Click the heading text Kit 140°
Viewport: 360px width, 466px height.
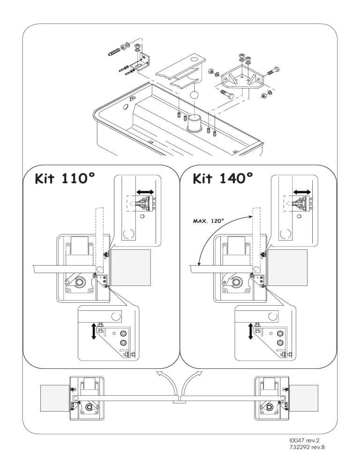pyautogui.click(x=223, y=179)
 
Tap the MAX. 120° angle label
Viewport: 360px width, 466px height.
pyautogui.click(x=209, y=221)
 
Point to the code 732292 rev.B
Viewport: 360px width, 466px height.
pyautogui.click(x=306, y=447)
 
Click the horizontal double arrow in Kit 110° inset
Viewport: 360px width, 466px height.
pyautogui.click(x=145, y=192)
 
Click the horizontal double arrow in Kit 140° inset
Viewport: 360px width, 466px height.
pyautogui.click(x=302, y=192)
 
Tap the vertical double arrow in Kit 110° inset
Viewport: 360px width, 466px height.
pyautogui.click(x=94, y=331)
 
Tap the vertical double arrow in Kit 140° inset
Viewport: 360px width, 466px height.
pyautogui.click(x=251, y=331)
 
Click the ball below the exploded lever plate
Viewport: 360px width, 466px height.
pyautogui.click(x=194, y=96)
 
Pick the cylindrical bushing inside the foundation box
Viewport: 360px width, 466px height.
pyautogui.click(x=194, y=122)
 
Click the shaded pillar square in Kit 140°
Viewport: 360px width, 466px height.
pyautogui.click(x=287, y=268)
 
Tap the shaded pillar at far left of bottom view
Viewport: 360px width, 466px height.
pyautogui.click(x=55, y=398)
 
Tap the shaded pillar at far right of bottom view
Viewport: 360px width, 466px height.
pyautogui.click(x=303, y=398)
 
